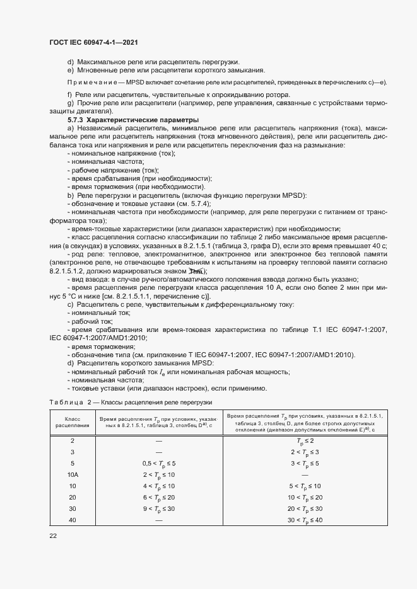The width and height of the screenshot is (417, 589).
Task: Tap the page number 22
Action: tap(54, 535)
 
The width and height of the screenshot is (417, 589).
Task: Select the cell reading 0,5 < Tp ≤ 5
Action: tap(158, 463)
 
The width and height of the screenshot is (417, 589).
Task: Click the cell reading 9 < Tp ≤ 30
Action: tap(158, 508)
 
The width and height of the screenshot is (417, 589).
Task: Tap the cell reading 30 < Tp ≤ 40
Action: tap(305, 520)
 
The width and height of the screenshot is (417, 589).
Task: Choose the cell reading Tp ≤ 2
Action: tap(305, 441)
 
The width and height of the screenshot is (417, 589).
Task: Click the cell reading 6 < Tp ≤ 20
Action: tap(158, 496)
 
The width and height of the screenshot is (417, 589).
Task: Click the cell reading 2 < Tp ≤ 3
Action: tap(305, 452)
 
